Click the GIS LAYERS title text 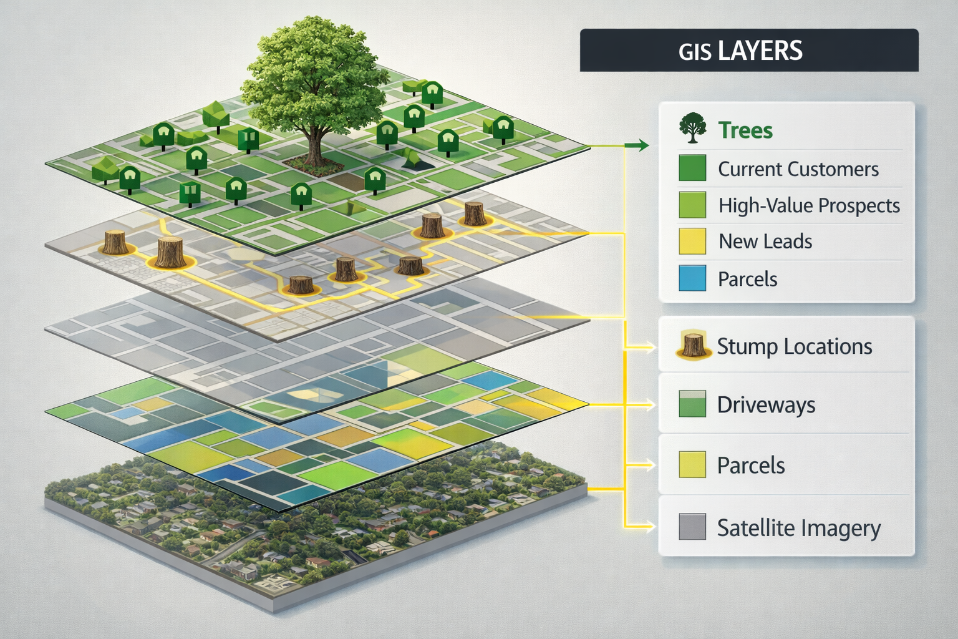(740, 51)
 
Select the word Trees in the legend (745, 130)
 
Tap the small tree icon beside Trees (692, 128)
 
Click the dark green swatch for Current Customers (692, 168)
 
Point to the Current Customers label (798, 169)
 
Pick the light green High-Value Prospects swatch (692, 205)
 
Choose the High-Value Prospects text (809, 205)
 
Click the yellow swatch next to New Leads (692, 241)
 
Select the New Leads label (765, 241)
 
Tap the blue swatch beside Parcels (692, 278)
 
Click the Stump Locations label (794, 346)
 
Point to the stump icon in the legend (693, 345)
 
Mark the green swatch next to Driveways (692, 404)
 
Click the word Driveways (766, 405)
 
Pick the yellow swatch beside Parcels (692, 465)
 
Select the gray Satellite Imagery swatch (692, 527)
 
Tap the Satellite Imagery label (798, 528)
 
